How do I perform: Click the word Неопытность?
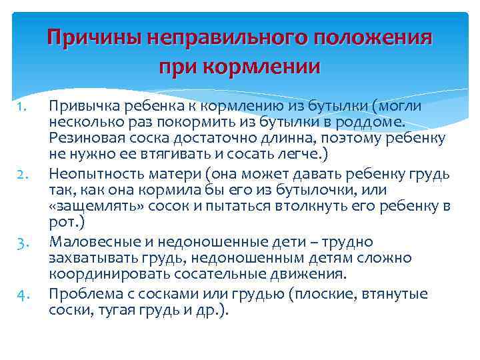click(91, 175)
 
